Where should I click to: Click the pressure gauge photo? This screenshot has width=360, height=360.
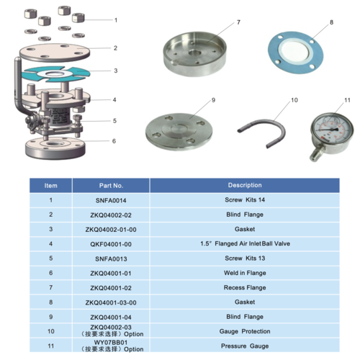[x=331, y=135]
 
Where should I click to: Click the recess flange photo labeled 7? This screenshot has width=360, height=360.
[x=194, y=54]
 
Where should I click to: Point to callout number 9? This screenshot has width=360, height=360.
[x=213, y=100]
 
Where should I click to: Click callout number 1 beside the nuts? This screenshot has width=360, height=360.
[x=116, y=20]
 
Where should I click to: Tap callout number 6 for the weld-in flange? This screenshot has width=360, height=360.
[x=114, y=141]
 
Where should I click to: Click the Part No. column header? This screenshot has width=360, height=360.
[x=111, y=186]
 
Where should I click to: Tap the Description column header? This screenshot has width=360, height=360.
[x=245, y=185]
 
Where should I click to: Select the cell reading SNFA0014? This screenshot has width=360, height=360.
[x=111, y=200]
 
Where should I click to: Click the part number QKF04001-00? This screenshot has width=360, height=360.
[x=111, y=244]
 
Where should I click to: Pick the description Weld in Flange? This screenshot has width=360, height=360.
[x=245, y=273]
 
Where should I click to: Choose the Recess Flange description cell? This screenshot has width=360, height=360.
[x=245, y=287]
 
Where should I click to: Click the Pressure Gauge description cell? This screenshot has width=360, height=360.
[x=245, y=346]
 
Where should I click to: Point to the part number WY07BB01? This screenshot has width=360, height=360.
[x=111, y=343]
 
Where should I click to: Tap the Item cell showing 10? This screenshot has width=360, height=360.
[x=51, y=331]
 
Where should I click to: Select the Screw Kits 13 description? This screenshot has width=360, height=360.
[x=245, y=258]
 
